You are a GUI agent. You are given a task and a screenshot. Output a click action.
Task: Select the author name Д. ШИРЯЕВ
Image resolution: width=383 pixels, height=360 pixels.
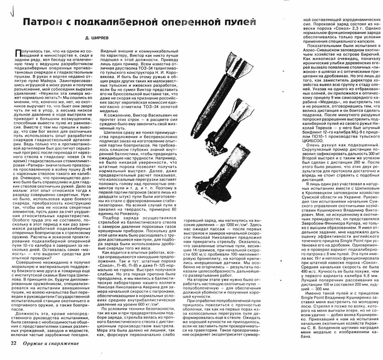97,38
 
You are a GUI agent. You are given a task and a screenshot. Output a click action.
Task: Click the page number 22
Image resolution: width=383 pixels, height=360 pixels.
13,343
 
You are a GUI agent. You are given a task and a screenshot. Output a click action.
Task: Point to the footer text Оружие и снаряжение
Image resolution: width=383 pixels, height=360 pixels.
50,343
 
